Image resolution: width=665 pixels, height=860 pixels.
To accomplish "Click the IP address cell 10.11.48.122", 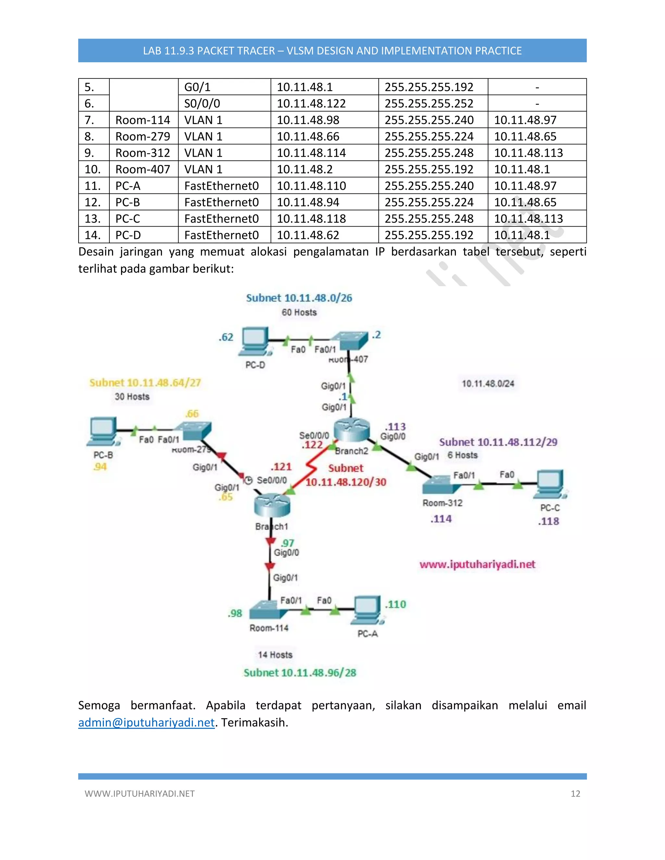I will click(311, 104).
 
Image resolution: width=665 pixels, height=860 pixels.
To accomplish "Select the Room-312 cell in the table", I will click(143, 153).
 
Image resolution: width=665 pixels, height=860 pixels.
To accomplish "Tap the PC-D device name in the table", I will click(128, 235).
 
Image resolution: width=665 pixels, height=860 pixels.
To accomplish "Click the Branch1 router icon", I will click(272, 505).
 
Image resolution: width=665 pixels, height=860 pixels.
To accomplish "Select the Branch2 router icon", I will click(352, 430).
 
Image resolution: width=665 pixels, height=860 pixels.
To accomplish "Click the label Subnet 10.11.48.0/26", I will click(299, 298).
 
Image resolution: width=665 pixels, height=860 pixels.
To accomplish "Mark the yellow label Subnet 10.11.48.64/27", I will click(145, 383).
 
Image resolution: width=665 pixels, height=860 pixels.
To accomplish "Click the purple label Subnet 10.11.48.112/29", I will click(498, 442).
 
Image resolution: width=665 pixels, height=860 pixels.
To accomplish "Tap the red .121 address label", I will click(281, 467).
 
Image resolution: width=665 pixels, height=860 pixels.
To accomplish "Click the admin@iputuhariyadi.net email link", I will click(146, 723).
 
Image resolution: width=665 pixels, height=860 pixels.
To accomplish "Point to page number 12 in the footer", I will click(575, 794).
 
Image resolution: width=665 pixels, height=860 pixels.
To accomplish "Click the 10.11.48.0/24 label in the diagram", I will click(488, 384).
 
